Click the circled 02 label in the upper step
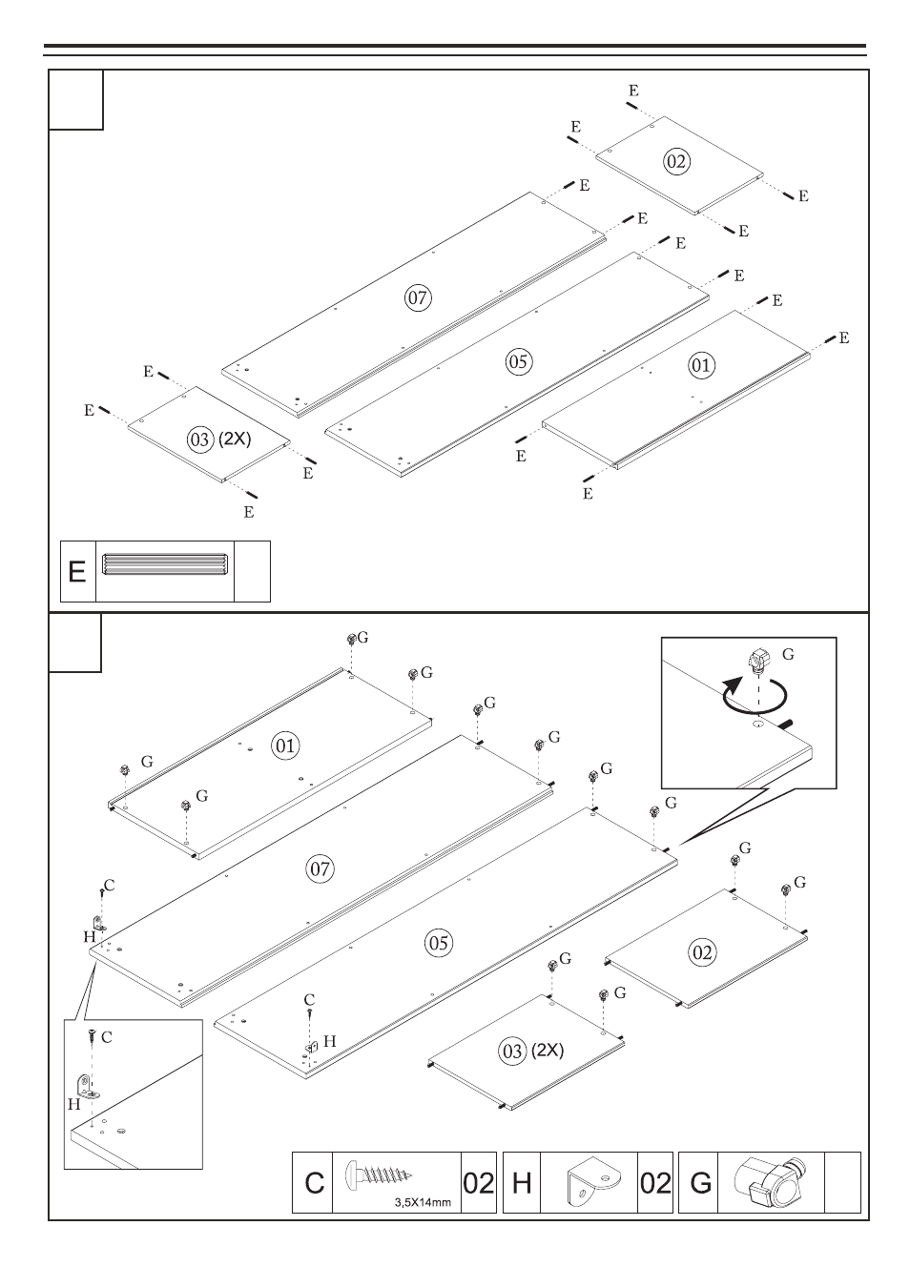676,161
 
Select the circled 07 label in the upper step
418,297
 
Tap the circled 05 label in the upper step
519,361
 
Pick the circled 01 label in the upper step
701,364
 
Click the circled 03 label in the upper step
200,439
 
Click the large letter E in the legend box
78,572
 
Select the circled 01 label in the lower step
285,746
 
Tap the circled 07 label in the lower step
320,868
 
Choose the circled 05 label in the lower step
438,944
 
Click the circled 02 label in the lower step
701,951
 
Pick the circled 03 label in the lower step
512,1051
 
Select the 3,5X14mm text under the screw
423,1201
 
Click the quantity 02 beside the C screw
478,1183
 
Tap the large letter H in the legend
521,1183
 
